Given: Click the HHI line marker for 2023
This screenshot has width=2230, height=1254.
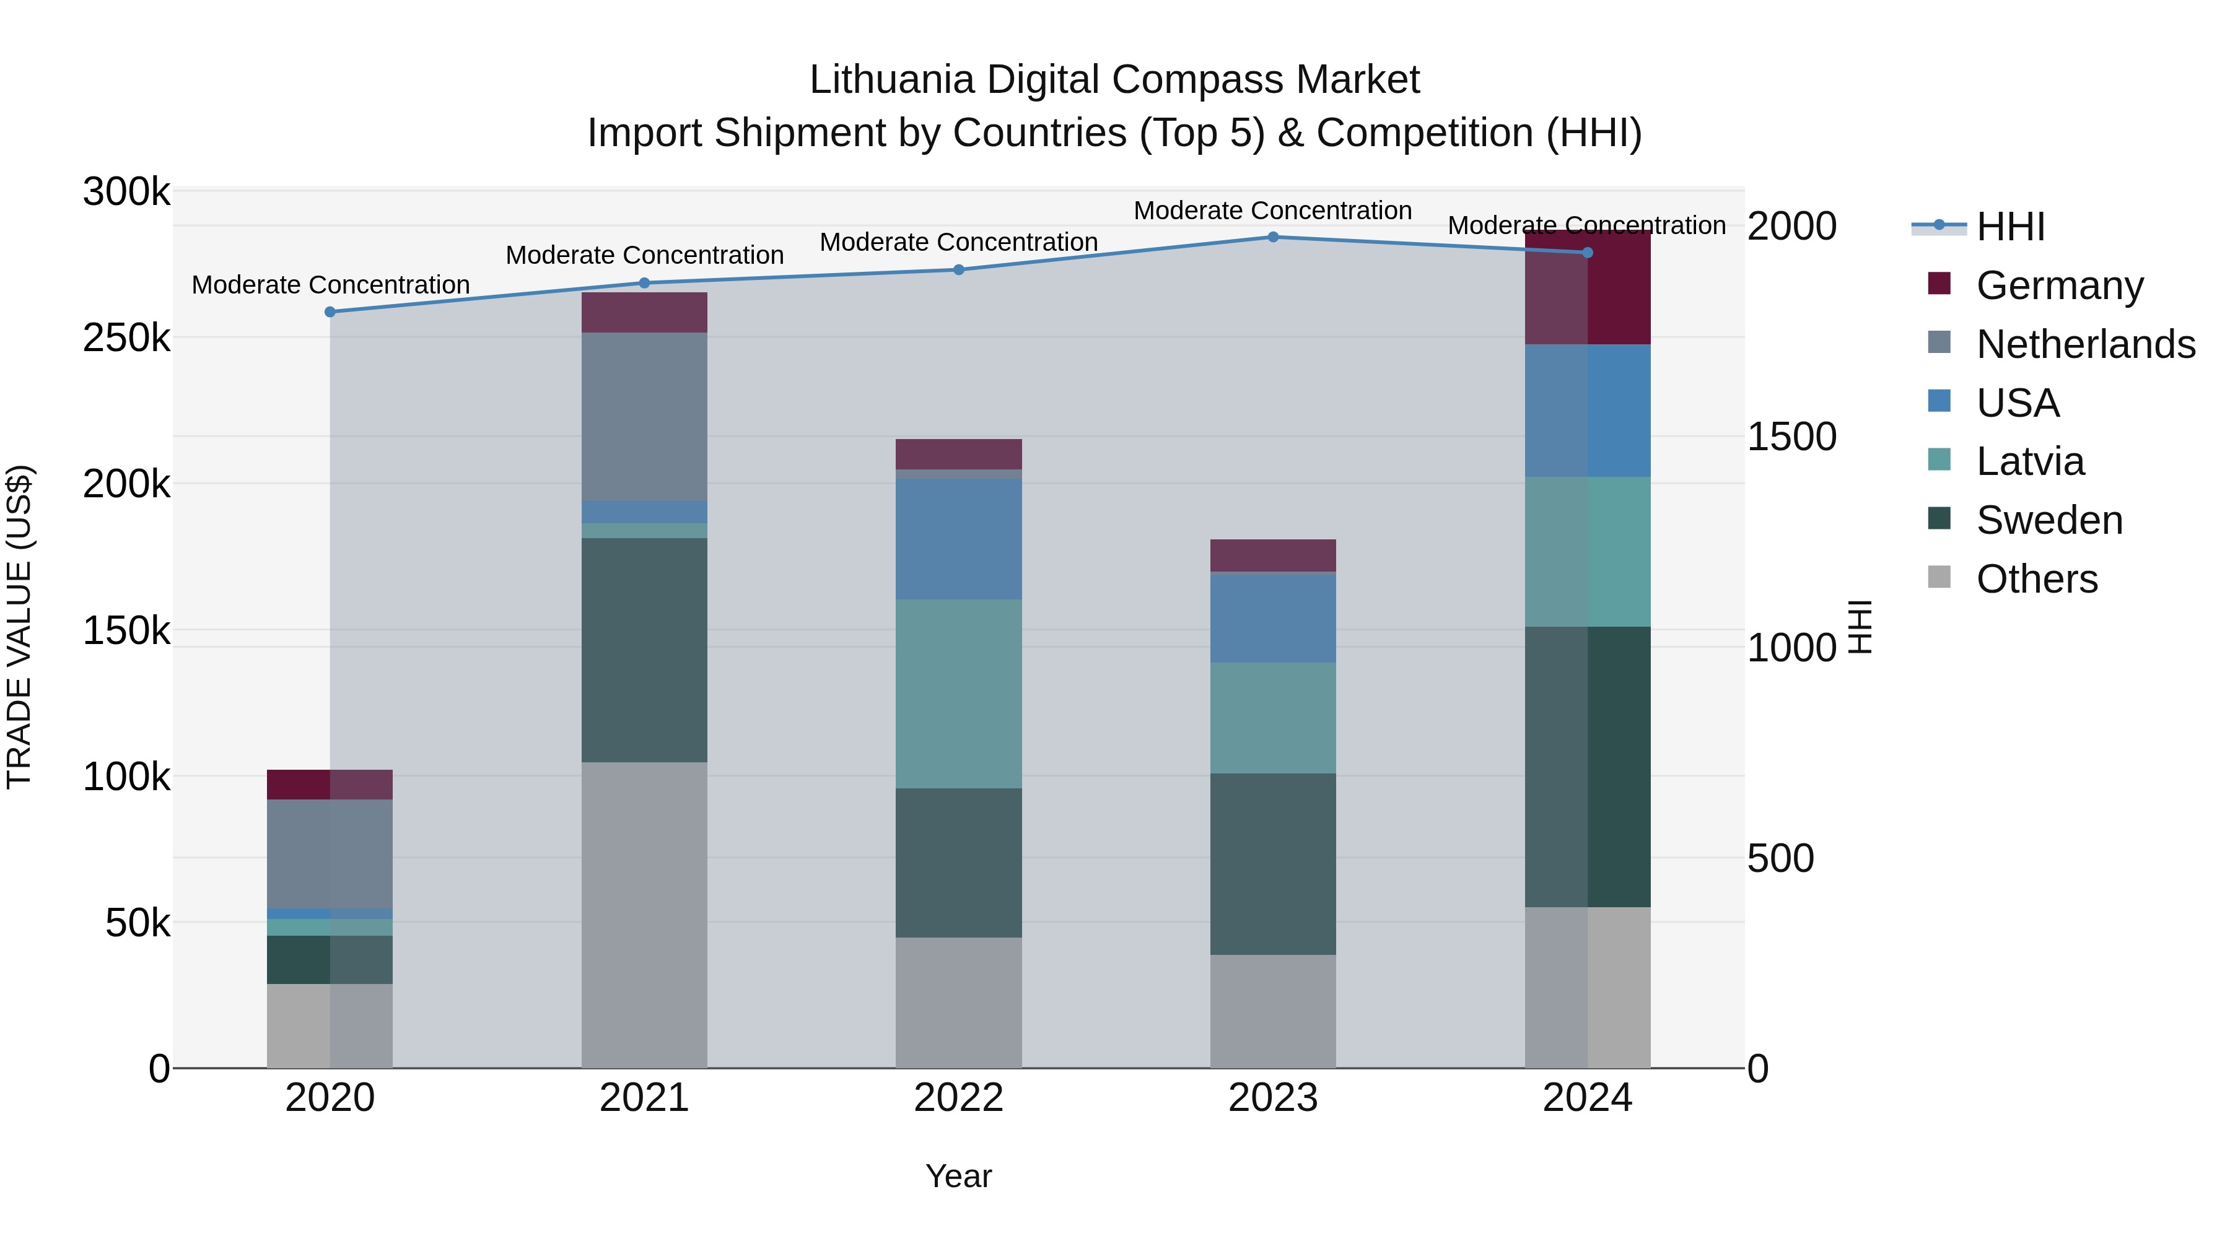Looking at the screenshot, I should (1272, 237).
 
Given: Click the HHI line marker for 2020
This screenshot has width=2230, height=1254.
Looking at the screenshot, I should (330, 311).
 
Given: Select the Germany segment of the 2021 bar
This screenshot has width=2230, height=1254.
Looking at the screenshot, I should (644, 313).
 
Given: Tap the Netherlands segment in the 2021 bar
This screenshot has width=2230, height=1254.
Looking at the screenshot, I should (644, 416).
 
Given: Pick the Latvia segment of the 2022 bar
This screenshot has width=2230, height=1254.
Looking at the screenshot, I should (958, 693).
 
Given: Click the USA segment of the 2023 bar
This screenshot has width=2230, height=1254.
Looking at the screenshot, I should (1272, 617).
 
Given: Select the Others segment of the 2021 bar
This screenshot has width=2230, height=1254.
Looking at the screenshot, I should (644, 914).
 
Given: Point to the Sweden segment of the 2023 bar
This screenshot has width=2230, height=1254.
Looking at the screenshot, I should (1272, 864).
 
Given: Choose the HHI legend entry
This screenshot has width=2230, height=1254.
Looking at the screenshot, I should (2010, 227).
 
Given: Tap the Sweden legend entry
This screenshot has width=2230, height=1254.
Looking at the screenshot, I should (2049, 520).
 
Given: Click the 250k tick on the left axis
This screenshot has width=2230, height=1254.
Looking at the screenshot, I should (126, 337).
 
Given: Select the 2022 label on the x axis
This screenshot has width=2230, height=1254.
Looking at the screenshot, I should (958, 1098).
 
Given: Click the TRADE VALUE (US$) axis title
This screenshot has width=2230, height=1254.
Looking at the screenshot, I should (19, 627).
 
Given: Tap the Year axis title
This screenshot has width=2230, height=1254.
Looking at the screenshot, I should (958, 1176).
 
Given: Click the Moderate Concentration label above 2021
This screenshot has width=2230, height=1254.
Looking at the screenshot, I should (644, 255).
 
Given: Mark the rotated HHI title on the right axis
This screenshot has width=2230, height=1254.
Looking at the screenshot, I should (1860, 627).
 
